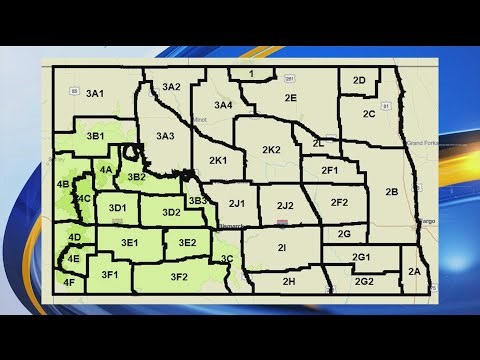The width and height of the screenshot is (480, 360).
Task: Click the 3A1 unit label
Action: tap(95, 93)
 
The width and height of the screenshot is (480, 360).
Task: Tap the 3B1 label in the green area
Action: tap(96, 134)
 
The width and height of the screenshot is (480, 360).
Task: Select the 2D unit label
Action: tap(359, 80)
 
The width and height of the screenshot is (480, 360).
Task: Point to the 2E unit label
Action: tap(290, 98)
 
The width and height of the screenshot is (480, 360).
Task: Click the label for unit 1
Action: tap(252, 74)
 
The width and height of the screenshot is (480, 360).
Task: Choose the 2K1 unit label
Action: tap(218, 160)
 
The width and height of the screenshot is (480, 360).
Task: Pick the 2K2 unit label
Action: tap(271, 150)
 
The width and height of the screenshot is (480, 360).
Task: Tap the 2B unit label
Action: tap(391, 191)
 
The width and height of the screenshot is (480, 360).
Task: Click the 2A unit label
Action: tap(414, 271)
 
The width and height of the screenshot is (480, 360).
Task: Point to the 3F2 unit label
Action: tap(179, 276)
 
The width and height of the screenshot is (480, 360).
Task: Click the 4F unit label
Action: tap(68, 283)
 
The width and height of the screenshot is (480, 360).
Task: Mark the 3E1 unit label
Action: tap(129, 243)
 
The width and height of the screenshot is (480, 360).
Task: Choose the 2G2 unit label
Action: tap(364, 281)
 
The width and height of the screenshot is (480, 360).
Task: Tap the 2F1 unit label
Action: tap(329, 171)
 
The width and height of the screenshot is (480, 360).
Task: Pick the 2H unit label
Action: tap(288, 282)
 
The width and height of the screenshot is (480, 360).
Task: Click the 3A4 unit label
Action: tap(223, 104)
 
